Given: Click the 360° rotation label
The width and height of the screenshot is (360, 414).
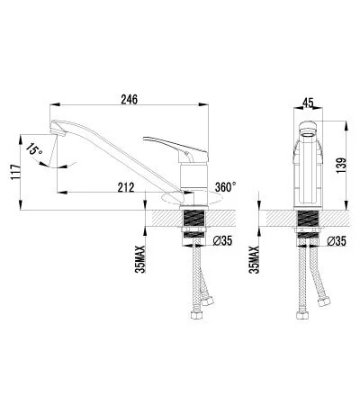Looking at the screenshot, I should [226, 186].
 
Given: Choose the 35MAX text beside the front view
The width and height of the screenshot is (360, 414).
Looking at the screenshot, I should [256, 256].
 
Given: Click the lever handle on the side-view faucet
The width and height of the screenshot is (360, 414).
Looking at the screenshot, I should [175, 145].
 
